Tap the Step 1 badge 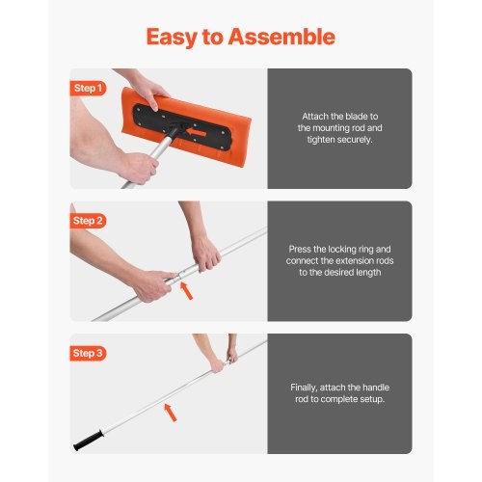click(x=88, y=88)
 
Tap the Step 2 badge click(x=88, y=221)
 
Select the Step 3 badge click(x=88, y=353)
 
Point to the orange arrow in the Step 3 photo click(x=171, y=414)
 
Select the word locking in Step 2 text click(x=334, y=249)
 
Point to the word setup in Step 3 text click(x=368, y=398)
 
